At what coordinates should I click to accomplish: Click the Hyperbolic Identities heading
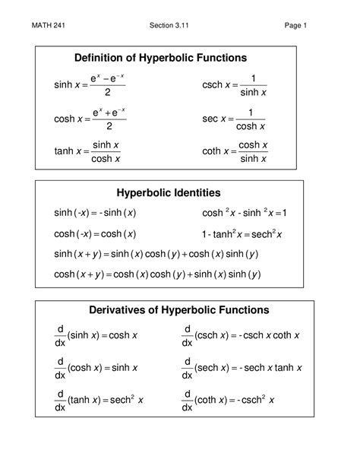pyautogui.click(x=169, y=193)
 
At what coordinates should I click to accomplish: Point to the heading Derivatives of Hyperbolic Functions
pyautogui.click(x=169, y=310)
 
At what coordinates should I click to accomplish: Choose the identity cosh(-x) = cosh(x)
pyautogui.click(x=95, y=234)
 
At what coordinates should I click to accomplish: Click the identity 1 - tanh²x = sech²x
pyautogui.click(x=242, y=234)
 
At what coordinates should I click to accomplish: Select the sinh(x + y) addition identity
pyautogui.click(x=156, y=254)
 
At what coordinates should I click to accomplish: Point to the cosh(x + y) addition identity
pyautogui.click(x=156, y=274)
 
